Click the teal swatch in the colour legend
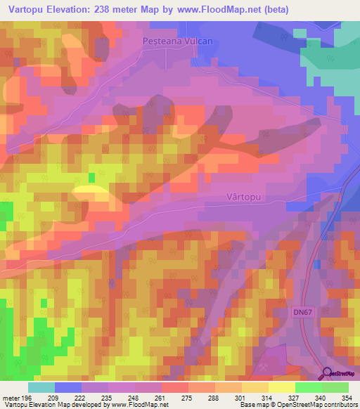tap(41, 387)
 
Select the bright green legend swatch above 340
tap(309, 387)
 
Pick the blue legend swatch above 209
tap(68, 387)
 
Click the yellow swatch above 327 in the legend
tap(282, 387)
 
